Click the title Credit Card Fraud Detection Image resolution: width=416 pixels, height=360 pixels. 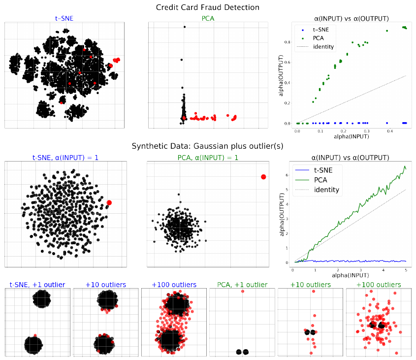click(207, 7)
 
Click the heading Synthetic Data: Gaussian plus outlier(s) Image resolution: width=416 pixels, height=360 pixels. click(207, 146)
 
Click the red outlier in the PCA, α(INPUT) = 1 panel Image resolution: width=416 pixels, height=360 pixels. click(263, 177)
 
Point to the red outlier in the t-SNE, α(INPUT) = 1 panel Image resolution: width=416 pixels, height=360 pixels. click(109, 202)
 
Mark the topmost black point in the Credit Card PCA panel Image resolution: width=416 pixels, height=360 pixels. click(184, 27)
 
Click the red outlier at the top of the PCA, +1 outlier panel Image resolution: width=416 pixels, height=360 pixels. click(243, 291)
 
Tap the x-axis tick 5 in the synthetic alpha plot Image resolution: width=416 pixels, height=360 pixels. click(405, 269)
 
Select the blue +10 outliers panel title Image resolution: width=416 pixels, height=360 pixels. click(106, 285)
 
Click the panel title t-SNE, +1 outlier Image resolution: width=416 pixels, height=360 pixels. click(37, 285)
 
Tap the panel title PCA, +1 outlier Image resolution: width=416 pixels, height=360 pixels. click(242, 285)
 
